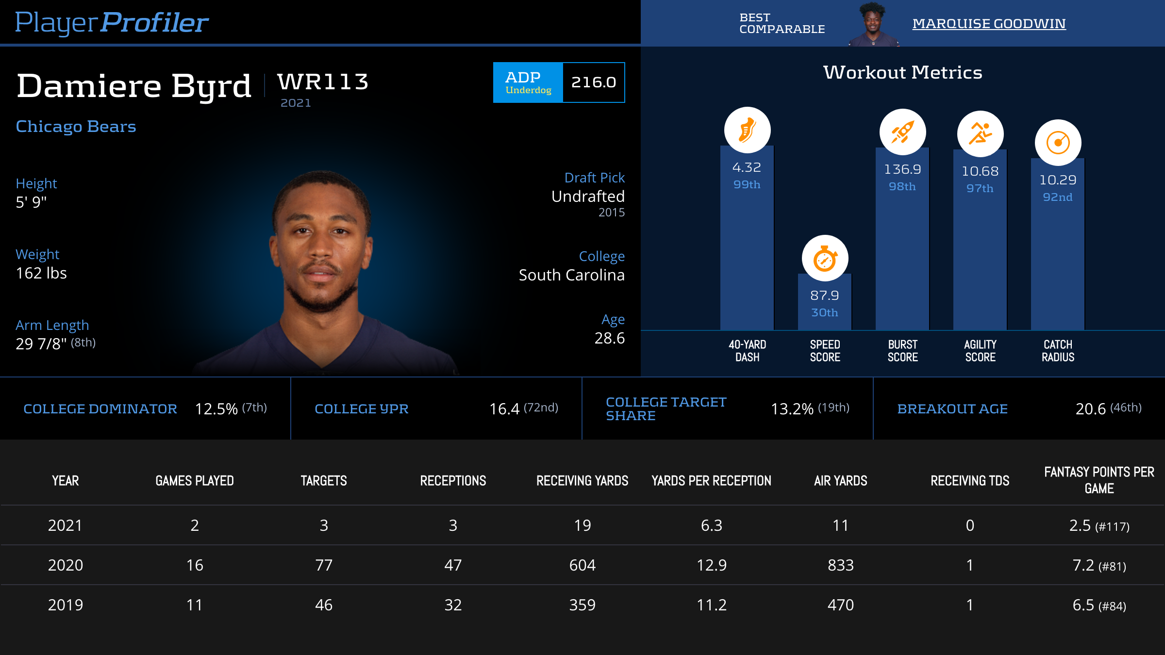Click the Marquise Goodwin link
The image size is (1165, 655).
coord(989,23)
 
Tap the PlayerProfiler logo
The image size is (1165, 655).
coord(112,22)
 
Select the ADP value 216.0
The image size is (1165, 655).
coord(593,82)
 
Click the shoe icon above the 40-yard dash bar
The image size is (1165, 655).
coord(747,130)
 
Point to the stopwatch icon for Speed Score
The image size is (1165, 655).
coord(825,259)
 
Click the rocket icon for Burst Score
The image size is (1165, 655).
coord(902,132)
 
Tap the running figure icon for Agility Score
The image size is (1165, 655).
coord(980,134)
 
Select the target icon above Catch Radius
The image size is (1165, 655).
coord(1058,143)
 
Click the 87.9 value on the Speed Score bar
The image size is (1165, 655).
coord(825,295)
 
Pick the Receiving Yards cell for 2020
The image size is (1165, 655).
coord(582,565)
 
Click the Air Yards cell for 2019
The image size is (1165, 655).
coord(840,605)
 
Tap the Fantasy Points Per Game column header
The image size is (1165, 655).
coord(1099,480)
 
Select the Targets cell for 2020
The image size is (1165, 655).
coord(324,565)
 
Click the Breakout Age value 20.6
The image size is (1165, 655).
coord(1090,409)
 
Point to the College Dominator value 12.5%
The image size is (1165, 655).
coord(216,409)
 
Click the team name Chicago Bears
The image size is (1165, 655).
coord(76,127)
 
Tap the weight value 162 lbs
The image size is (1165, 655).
coord(41,273)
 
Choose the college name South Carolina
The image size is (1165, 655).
coord(571,275)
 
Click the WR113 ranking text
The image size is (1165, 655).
coord(323,82)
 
